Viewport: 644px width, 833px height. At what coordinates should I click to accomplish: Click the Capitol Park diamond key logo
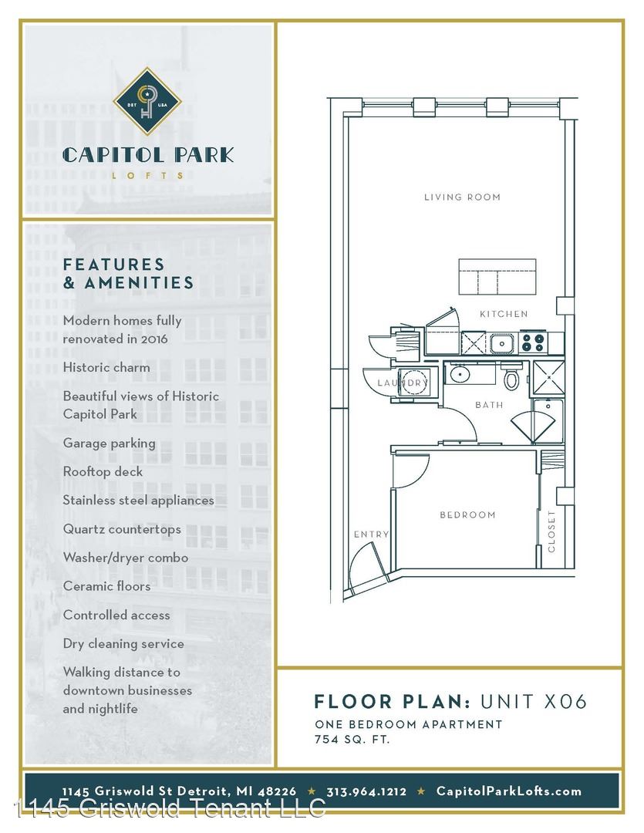click(147, 101)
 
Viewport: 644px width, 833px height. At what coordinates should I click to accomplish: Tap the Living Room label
click(462, 197)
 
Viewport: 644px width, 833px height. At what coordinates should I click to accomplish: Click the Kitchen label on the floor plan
click(504, 314)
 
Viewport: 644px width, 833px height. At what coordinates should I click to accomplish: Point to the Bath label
click(489, 405)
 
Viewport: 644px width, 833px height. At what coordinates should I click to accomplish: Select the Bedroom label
click(467, 514)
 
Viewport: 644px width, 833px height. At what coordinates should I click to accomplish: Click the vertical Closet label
click(551, 531)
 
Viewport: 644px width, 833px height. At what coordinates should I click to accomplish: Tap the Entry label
click(372, 535)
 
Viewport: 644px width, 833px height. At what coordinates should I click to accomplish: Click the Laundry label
click(403, 383)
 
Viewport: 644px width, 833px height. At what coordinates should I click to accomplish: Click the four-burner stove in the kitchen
click(534, 342)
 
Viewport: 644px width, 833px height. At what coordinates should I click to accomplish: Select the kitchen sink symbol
click(502, 343)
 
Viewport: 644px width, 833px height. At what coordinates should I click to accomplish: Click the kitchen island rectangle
click(497, 276)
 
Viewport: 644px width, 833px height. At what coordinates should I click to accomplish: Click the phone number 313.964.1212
click(366, 791)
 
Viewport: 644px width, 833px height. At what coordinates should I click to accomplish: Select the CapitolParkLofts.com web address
click(509, 791)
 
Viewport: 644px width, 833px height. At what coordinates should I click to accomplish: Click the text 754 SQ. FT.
click(352, 739)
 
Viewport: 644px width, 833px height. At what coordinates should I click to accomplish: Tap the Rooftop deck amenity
click(103, 472)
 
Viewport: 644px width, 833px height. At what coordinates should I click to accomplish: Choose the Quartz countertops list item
click(122, 529)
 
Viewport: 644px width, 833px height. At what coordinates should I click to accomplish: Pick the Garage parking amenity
click(110, 443)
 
